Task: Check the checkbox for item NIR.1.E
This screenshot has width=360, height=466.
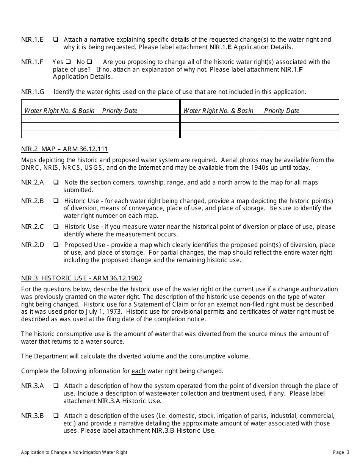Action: tap(56, 39)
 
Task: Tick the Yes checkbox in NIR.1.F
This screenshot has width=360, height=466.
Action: tap(68, 62)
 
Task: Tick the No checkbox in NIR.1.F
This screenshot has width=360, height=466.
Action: tap(89, 62)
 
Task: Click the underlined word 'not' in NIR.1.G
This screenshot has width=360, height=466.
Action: tap(223, 92)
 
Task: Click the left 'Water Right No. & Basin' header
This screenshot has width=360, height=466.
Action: tap(59, 111)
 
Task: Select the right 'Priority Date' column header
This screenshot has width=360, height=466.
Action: tap(282, 111)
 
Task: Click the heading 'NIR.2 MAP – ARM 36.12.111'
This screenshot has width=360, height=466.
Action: tap(64, 149)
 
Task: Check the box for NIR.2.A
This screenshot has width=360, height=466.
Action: tap(56, 182)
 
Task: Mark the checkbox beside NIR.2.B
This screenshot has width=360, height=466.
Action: tap(56, 201)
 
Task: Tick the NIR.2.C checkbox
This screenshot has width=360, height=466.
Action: tap(56, 227)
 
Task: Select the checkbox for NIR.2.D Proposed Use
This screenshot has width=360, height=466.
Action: tap(56, 245)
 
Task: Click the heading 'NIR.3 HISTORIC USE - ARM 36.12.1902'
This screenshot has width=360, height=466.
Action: tap(81, 278)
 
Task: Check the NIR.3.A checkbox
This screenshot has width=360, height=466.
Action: tap(56, 386)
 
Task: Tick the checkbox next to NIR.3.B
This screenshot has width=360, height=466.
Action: tap(56, 416)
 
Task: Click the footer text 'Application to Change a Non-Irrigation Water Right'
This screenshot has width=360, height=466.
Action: tap(74, 452)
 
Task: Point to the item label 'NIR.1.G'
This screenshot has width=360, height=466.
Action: tap(33, 92)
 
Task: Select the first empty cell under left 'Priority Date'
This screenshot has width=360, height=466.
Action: tap(139, 119)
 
